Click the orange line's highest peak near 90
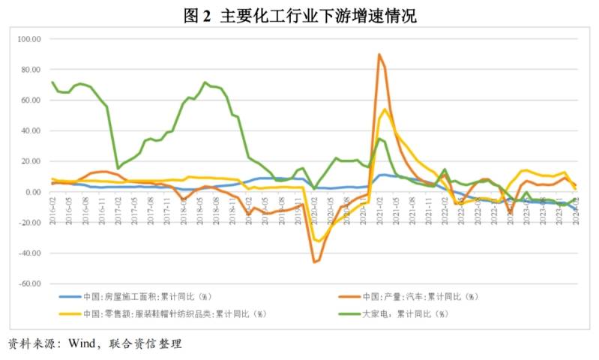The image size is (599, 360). coord(379,54)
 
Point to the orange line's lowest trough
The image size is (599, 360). coord(314,262)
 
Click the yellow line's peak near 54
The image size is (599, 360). coord(385,109)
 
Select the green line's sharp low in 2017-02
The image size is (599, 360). coord(118,168)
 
